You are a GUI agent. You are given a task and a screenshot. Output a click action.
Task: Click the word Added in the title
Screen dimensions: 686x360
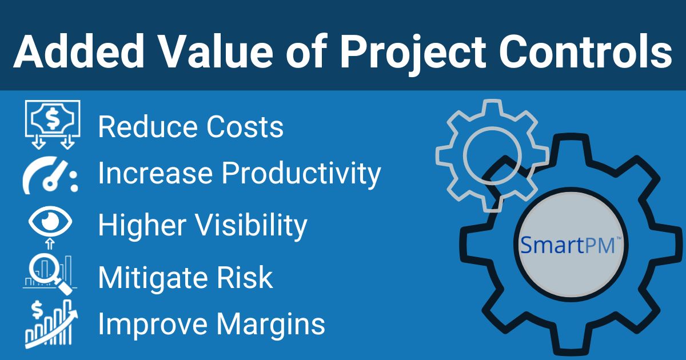79,51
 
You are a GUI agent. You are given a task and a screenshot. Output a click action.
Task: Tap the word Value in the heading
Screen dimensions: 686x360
216,51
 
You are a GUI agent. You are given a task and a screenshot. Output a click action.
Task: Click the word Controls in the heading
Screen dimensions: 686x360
585,51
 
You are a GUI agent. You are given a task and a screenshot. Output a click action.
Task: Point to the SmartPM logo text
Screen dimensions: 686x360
571,245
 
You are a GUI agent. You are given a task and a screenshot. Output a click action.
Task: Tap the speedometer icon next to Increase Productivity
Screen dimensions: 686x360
50,175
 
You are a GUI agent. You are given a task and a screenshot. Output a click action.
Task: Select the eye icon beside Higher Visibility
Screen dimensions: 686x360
50,221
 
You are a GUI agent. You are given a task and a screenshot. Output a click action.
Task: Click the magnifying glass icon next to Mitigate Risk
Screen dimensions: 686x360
50,275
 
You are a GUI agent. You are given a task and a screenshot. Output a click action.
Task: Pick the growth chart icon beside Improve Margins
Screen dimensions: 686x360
51,325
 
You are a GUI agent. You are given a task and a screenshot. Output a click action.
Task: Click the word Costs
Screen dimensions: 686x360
245,126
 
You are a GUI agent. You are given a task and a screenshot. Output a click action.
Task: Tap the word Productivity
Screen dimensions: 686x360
301,174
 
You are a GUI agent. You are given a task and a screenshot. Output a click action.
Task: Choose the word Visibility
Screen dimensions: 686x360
251,226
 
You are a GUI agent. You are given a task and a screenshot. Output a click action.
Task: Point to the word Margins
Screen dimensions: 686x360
271,325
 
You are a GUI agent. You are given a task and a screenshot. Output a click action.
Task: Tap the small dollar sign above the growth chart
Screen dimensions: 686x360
37,309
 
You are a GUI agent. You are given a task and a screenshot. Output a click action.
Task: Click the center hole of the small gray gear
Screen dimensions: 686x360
492,155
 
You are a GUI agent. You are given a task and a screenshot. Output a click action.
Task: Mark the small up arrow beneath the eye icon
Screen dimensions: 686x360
50,243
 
